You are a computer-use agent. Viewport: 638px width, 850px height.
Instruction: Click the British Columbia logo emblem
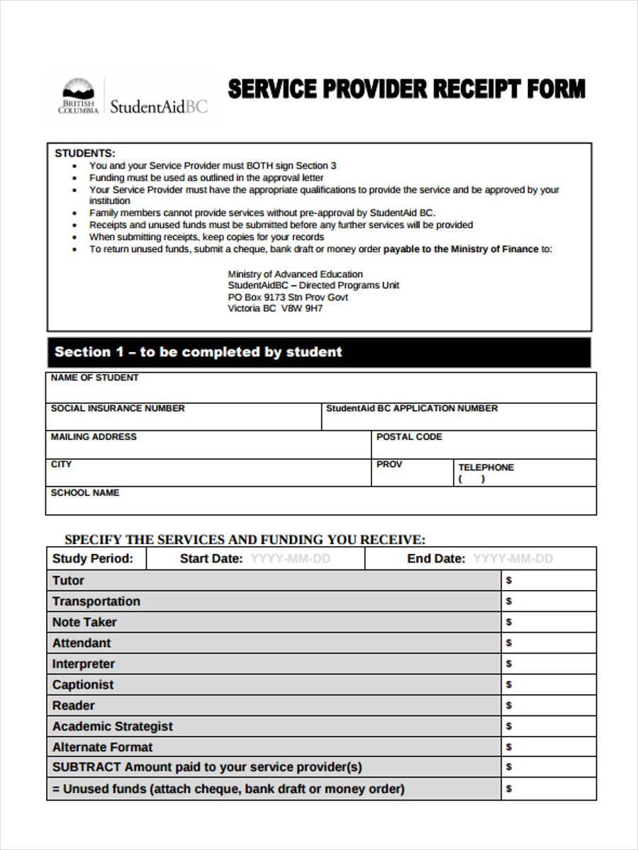pyautogui.click(x=78, y=96)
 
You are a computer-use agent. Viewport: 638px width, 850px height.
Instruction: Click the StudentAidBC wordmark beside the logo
pyautogui.click(x=159, y=106)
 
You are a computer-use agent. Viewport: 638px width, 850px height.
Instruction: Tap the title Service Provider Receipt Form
pyautogui.click(x=406, y=89)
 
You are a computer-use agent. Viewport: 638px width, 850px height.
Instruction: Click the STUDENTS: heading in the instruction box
pyautogui.click(x=85, y=153)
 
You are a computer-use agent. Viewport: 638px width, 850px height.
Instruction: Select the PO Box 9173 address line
pyautogui.click(x=288, y=297)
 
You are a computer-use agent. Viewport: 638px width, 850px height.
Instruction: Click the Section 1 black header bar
pyautogui.click(x=318, y=352)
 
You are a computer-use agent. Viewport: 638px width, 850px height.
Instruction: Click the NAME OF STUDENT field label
pyautogui.click(x=95, y=378)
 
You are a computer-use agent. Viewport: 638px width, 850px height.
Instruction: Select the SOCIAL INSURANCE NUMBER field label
pyautogui.click(x=118, y=409)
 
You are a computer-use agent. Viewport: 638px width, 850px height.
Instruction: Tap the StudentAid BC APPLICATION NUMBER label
pyautogui.click(x=412, y=409)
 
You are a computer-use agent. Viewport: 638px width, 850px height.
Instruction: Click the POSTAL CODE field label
pyautogui.click(x=409, y=437)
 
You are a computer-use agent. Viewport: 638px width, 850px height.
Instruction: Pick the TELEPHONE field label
pyautogui.click(x=486, y=467)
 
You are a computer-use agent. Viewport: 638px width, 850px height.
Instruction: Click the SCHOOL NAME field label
pyautogui.click(x=85, y=493)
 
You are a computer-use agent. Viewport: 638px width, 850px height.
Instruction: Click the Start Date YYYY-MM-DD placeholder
pyautogui.click(x=291, y=559)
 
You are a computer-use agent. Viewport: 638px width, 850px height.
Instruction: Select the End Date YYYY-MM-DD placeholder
pyautogui.click(x=513, y=559)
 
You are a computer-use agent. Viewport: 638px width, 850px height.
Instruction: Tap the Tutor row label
pyautogui.click(x=68, y=581)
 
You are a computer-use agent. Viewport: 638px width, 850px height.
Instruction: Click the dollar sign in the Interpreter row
pyautogui.click(x=508, y=664)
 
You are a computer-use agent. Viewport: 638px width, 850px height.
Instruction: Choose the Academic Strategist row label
pyautogui.click(x=112, y=727)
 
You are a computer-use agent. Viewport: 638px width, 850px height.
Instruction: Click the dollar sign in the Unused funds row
pyautogui.click(x=508, y=789)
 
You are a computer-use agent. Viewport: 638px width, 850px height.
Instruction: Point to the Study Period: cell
pyautogui.click(x=93, y=559)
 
